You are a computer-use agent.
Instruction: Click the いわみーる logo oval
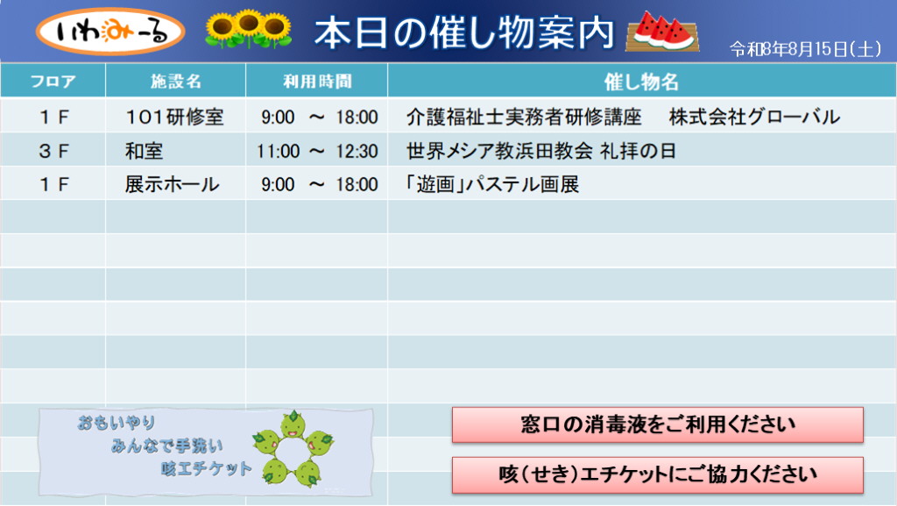(110, 31)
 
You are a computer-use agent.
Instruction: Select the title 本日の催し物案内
(464, 32)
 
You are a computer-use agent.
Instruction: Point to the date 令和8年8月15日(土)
(806, 49)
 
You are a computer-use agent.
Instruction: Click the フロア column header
(53, 82)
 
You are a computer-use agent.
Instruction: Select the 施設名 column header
(175, 82)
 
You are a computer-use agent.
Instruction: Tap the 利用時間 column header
(317, 82)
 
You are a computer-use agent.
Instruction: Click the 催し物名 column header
(641, 82)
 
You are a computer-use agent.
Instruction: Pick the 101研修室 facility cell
(174, 117)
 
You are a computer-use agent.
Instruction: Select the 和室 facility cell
(145, 151)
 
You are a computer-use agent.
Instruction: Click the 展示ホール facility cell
(173, 184)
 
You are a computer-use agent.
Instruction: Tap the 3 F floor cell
(53, 151)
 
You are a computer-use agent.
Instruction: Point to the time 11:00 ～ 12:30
(317, 151)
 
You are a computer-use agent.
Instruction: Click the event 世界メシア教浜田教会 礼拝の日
(541, 151)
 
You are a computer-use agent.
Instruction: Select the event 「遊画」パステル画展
(492, 184)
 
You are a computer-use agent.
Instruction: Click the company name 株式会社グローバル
(754, 117)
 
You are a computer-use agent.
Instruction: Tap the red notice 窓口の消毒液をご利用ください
(657, 424)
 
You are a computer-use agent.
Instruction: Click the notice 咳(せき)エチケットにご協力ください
(657, 474)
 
